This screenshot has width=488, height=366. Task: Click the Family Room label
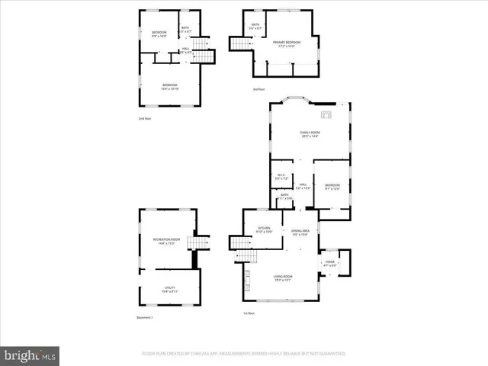pyautogui.click(x=310, y=134)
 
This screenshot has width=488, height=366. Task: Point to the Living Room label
pyautogui.click(x=283, y=278)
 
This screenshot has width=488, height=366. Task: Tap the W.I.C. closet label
pyautogui.click(x=281, y=176)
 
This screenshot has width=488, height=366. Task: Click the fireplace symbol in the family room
pyautogui.click(x=326, y=115)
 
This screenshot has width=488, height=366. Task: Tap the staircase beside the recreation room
pyautogui.click(x=199, y=244)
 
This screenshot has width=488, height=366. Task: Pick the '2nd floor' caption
pyautogui.click(x=145, y=119)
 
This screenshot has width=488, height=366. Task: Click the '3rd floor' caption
pyautogui.click(x=259, y=90)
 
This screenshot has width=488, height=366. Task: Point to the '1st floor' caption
pyautogui.click(x=249, y=313)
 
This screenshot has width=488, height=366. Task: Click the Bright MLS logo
pyautogui.click(x=30, y=355)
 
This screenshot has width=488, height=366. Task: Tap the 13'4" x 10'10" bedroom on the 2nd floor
pyautogui.click(x=169, y=85)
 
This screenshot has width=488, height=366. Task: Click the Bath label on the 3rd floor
pyautogui.click(x=255, y=27)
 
